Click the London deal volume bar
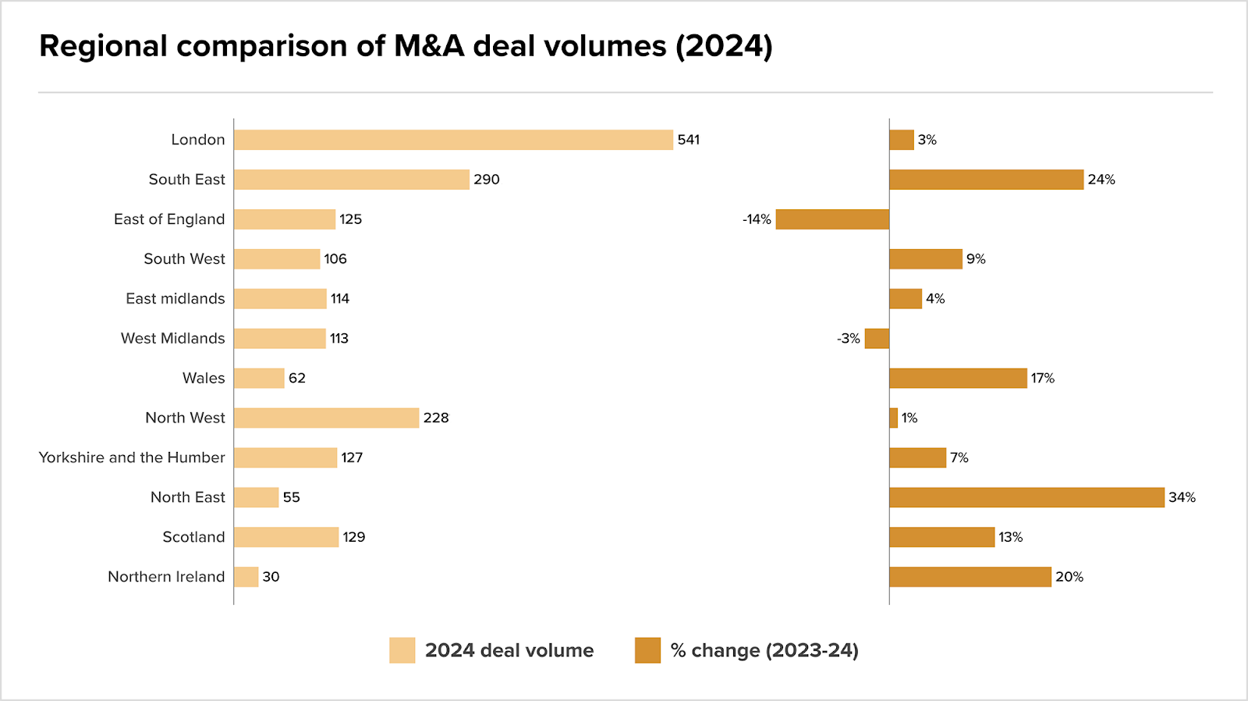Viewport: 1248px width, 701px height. pyautogui.click(x=453, y=140)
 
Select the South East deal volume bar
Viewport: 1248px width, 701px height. pyautogui.click(x=352, y=180)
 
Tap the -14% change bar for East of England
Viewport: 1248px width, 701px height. pyautogui.click(x=832, y=219)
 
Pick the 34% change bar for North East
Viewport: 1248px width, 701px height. pyautogui.click(x=1026, y=497)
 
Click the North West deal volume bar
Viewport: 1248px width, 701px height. pyautogui.click(x=326, y=418)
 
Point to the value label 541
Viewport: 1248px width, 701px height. pyautogui.click(x=689, y=140)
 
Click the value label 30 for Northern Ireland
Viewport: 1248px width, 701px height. pyautogui.click(x=271, y=577)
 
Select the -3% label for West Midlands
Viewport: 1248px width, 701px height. pyautogui.click(x=848, y=339)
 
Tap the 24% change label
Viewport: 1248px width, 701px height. pyautogui.click(x=1101, y=180)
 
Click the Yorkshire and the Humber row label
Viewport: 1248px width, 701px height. pyautogui.click(x=132, y=457)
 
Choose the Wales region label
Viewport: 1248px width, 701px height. pyautogui.click(x=204, y=378)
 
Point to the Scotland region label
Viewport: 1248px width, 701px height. pyautogui.click(x=193, y=537)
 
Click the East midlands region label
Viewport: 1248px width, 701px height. pyautogui.click(x=175, y=299)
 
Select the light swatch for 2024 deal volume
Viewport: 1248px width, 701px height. pyautogui.click(x=402, y=650)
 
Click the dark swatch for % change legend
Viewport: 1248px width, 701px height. pyautogui.click(x=647, y=650)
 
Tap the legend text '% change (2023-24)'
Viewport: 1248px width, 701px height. pyautogui.click(x=764, y=650)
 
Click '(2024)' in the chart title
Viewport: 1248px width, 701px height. pyautogui.click(x=724, y=46)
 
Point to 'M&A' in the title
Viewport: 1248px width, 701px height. pyautogui.click(x=429, y=46)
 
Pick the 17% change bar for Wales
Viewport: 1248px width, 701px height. pyautogui.click(x=958, y=378)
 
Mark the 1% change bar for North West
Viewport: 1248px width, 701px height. pyautogui.click(x=894, y=418)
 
